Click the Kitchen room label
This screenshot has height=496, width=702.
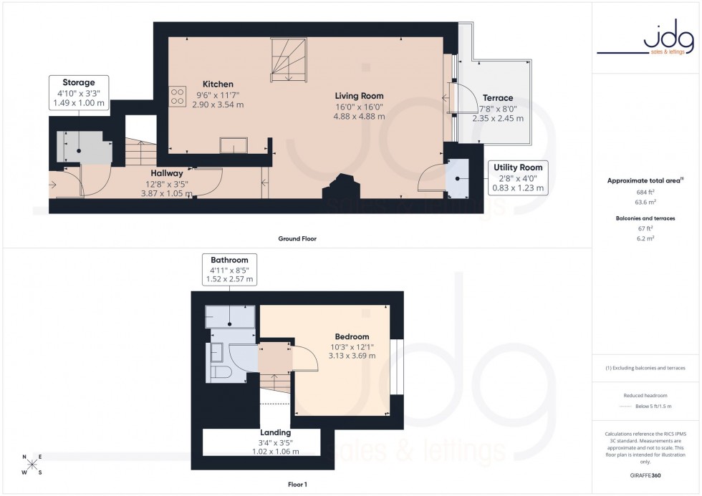coord(217,84)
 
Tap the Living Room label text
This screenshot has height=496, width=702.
coord(359,96)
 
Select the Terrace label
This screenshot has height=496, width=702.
coord(497,98)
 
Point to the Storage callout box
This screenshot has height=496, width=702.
coord(78,93)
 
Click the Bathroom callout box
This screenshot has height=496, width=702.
coord(229,270)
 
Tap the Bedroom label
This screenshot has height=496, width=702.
coord(352,336)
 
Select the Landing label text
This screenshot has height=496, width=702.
coord(275,432)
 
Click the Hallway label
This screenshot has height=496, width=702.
coord(166,173)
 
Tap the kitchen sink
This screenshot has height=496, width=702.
coord(234,145)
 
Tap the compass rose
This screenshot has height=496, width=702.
coord(32,465)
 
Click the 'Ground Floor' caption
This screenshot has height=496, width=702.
coord(297,238)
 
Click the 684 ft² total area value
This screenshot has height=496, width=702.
coord(646,192)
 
